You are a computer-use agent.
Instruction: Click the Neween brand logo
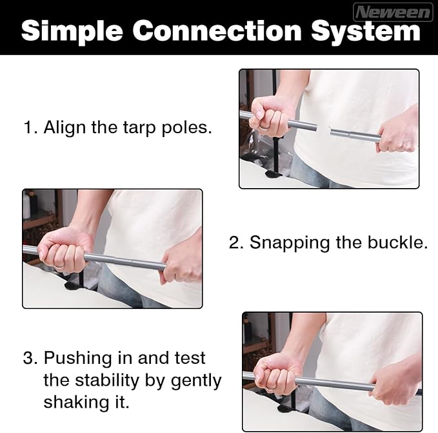coord(393,12)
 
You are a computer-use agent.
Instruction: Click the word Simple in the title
coord(72,32)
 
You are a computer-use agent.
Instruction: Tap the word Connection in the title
coord(217,30)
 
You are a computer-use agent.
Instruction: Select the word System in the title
coord(366,32)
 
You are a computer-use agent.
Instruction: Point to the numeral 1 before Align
coord(29,127)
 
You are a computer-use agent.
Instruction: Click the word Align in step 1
coord(65,128)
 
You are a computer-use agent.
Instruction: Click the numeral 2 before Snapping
coord(235,242)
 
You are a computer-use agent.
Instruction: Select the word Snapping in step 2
coord(290,243)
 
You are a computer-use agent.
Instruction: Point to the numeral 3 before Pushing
coord(30,358)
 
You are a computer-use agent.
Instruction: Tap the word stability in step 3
coord(106,381)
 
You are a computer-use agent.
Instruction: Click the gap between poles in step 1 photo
coord(324,130)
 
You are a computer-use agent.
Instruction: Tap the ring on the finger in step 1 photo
coord(264,127)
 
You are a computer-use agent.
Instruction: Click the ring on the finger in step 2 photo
coord(59,266)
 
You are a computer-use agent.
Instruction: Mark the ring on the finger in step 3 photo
coord(272,388)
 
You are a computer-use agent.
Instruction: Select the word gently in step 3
coord(196,381)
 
